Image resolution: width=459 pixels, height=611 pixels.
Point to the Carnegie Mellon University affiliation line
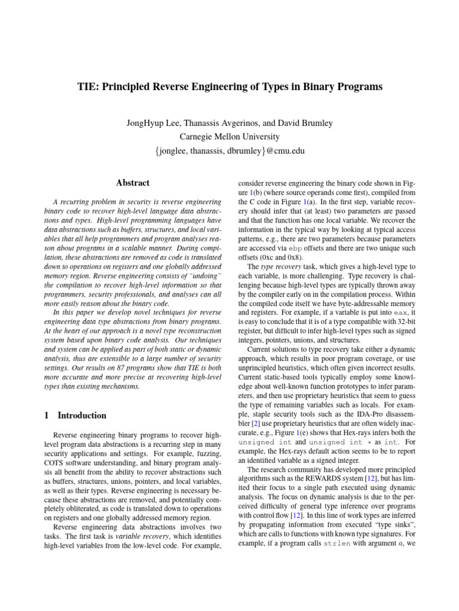click(x=229, y=137)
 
